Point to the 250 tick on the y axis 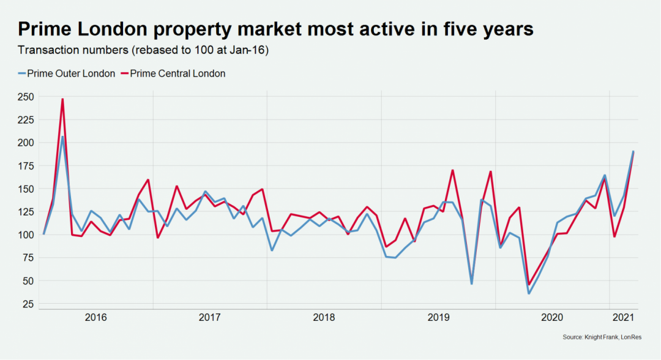(x=26, y=96)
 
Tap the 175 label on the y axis (x=26, y=165)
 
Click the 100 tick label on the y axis (x=26, y=234)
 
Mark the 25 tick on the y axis (x=28, y=304)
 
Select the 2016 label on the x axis (x=96, y=317)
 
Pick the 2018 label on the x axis (x=324, y=317)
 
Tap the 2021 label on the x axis (x=622, y=317)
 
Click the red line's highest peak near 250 (x=62, y=99)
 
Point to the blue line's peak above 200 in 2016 (x=62, y=137)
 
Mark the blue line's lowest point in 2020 (x=529, y=293)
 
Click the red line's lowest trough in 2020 (x=529, y=284)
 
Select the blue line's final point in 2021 (x=633, y=151)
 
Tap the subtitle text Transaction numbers (x=67, y=50)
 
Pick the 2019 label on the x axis (x=438, y=317)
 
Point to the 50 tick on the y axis (x=28, y=280)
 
